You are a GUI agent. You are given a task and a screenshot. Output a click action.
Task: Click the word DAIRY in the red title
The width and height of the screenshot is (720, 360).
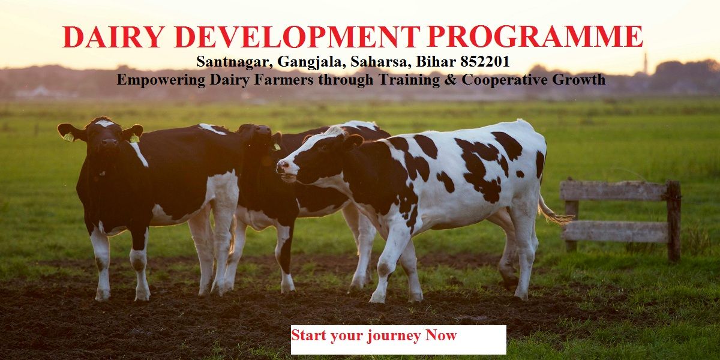pyautogui.click(x=113, y=37)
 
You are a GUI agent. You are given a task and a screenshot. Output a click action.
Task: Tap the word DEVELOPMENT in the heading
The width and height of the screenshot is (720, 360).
pyautogui.click(x=298, y=37)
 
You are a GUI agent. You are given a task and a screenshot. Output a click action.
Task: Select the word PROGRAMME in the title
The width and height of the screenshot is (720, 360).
pyautogui.click(x=535, y=37)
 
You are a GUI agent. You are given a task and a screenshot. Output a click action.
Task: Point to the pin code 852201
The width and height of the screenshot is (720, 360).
pyautogui.click(x=485, y=61)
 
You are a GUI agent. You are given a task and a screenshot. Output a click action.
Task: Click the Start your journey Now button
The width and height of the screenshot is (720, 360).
pyautogui.click(x=398, y=340)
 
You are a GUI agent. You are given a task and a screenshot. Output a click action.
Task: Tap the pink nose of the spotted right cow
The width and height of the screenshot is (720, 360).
pyautogui.click(x=282, y=166)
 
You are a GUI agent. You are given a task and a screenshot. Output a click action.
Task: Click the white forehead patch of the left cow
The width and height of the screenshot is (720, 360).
pyautogui.click(x=104, y=123)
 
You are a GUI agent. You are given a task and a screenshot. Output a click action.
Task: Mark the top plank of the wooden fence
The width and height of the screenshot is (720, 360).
pyautogui.click(x=614, y=190)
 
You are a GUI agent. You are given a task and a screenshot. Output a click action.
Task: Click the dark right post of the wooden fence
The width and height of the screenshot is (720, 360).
pyautogui.click(x=673, y=221)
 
